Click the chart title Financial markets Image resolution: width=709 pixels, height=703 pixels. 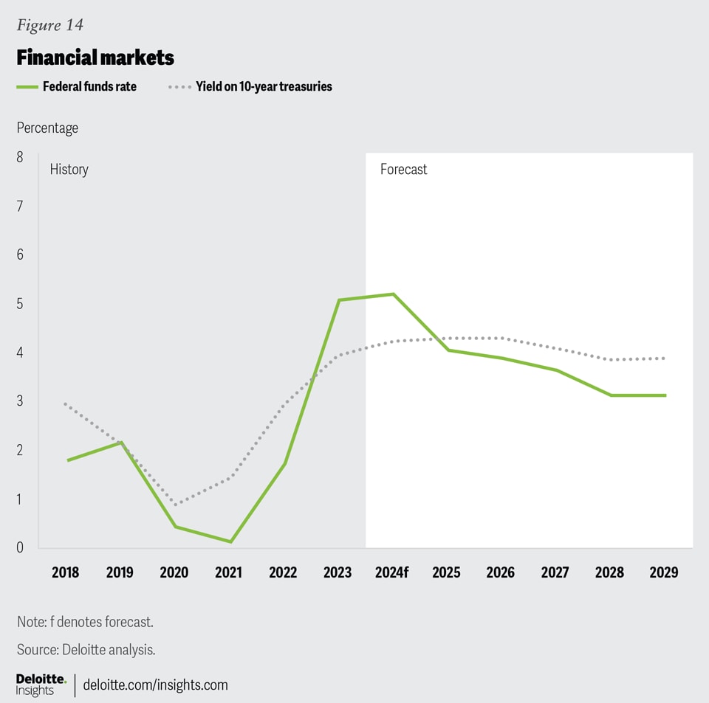pos(95,58)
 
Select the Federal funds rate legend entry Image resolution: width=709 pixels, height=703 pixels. pos(78,86)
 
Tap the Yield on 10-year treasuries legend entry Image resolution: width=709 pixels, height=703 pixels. pos(251,86)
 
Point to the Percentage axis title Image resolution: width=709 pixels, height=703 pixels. pos(47,128)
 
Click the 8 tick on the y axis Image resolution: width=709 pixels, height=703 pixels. pos(20,157)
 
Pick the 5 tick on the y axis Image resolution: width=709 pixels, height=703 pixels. pos(20,303)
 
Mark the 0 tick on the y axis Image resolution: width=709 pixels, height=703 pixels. pos(20,547)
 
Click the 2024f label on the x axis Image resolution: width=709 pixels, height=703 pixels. pos(391,572)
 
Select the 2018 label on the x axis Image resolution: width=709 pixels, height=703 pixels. pos(66,572)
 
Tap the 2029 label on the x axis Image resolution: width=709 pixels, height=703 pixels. pos(663,572)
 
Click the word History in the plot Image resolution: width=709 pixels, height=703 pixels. pos(69,170)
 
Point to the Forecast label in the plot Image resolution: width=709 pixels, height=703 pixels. pos(403,170)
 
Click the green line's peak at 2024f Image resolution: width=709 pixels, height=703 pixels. pos(393,294)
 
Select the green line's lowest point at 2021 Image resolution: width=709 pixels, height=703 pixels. pos(230,541)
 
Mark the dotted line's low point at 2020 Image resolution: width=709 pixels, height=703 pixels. pos(176,505)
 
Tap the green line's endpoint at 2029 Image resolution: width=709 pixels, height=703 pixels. pos(665,395)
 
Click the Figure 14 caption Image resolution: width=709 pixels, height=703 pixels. pos(49,25)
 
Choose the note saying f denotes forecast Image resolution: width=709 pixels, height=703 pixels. pos(85,622)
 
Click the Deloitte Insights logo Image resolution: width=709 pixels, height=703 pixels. pos(41,684)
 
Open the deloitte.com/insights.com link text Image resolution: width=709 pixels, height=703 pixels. pos(155,685)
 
